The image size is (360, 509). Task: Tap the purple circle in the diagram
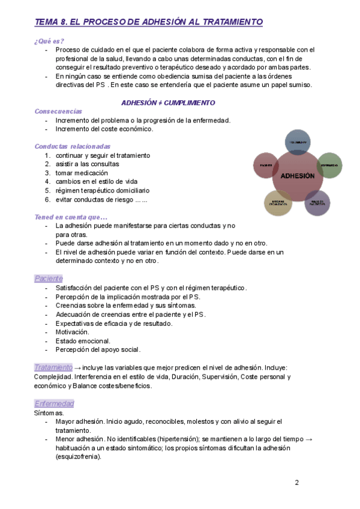[x=317, y=203]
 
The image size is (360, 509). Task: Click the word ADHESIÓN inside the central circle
[x=294, y=176]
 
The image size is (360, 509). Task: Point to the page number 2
[x=296, y=483]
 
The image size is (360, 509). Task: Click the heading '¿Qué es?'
[x=49, y=40]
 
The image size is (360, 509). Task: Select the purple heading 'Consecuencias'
[x=59, y=112]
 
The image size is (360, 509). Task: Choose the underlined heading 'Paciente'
[x=49, y=278]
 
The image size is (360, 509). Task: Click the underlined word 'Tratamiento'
[x=53, y=367]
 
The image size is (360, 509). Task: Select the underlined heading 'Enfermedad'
[x=54, y=403]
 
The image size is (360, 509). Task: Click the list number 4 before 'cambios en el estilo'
[x=47, y=181]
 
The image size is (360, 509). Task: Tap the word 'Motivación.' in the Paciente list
[x=73, y=332]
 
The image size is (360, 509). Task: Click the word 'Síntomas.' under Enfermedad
[x=49, y=413]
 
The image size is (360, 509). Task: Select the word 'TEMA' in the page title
[x=47, y=22]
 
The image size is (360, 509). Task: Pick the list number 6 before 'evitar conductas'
[x=47, y=199]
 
